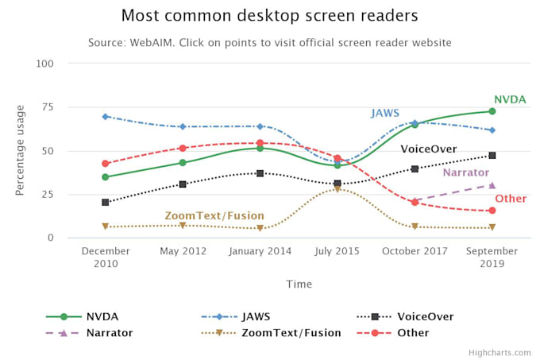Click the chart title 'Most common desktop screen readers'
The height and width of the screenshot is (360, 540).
[269, 15]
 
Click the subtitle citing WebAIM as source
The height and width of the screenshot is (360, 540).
[269, 42]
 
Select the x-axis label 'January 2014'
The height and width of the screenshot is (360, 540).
[260, 251]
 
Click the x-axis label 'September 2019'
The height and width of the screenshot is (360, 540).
[492, 257]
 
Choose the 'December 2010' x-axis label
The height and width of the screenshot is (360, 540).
[106, 257]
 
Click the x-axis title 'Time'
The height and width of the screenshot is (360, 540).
[299, 284]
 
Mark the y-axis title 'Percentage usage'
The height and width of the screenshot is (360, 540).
[21, 150]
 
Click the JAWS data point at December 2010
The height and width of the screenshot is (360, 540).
[106, 117]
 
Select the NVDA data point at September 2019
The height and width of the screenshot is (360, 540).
[492, 111]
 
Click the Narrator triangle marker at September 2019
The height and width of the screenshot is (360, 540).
[492, 185]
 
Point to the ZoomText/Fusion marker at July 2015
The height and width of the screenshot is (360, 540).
[337, 189]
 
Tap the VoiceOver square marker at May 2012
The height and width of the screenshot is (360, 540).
[183, 184]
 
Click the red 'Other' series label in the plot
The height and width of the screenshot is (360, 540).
[511, 199]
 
